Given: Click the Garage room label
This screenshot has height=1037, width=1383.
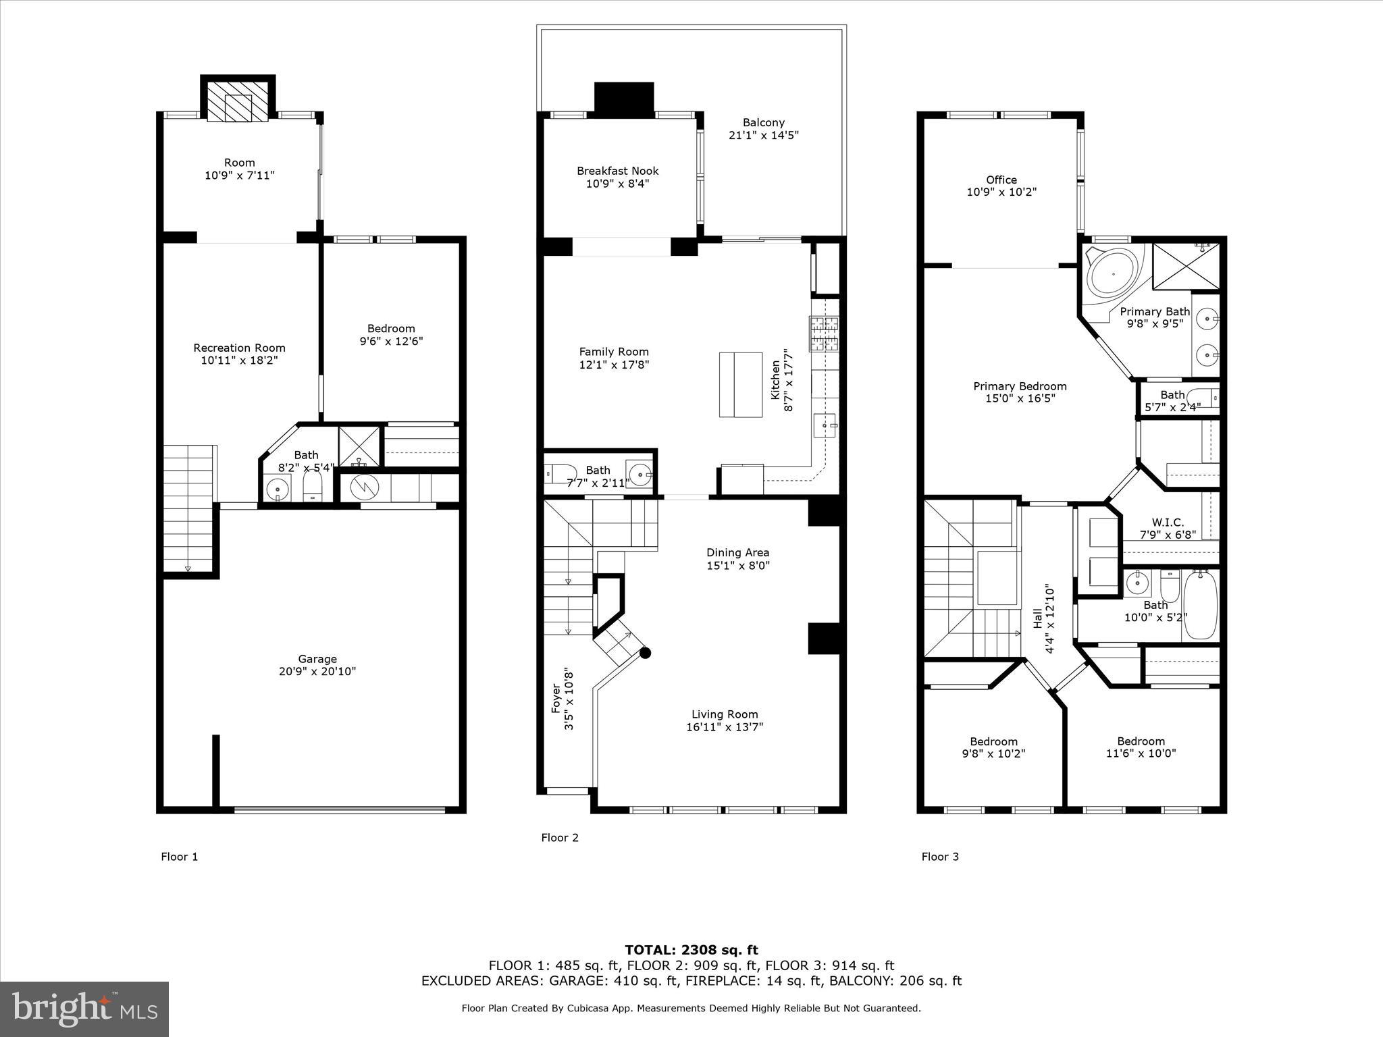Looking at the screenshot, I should click(317, 659).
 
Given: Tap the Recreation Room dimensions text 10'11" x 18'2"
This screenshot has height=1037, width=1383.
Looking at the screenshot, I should click(239, 361).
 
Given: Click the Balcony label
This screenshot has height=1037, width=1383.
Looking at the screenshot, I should click(764, 123).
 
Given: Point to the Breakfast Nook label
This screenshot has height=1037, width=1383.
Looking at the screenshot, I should click(617, 171).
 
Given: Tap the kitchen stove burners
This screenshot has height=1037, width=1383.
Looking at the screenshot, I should click(825, 334).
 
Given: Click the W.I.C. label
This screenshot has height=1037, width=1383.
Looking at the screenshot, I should click(1168, 523).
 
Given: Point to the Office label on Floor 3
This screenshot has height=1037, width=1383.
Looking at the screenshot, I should click(1001, 180).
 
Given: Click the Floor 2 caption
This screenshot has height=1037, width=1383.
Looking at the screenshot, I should click(560, 838).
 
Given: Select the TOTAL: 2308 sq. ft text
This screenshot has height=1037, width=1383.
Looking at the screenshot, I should click(691, 950).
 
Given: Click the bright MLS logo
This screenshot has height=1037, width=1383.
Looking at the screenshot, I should click(84, 1009).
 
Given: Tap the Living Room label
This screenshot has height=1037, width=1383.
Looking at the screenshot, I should click(725, 714).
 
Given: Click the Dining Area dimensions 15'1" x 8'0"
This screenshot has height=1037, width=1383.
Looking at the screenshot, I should click(737, 566).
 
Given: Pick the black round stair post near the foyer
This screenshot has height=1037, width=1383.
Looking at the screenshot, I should click(646, 653).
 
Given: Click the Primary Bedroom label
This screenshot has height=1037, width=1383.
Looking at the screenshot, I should click(1020, 386).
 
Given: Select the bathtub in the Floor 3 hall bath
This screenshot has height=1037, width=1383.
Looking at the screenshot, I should click(1200, 604).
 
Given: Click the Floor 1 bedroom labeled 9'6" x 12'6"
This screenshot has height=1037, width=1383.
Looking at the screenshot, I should click(391, 335).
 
